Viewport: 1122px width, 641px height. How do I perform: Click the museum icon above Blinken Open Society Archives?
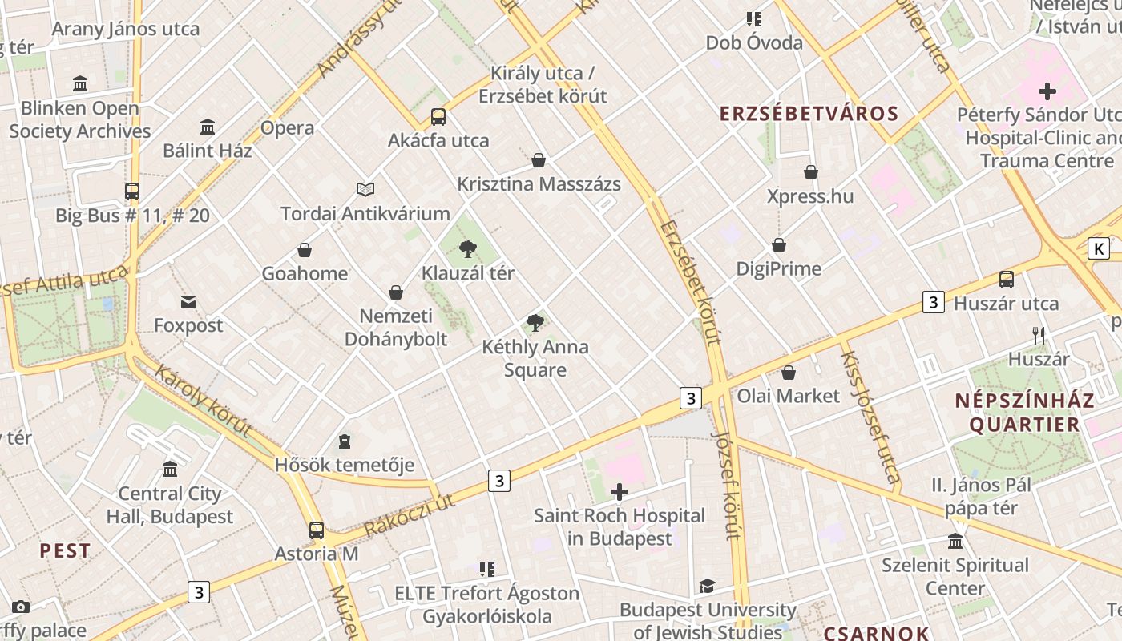click(x=80, y=83)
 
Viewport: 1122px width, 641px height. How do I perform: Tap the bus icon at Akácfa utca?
click(x=438, y=117)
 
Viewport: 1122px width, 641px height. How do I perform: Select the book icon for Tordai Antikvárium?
click(x=365, y=190)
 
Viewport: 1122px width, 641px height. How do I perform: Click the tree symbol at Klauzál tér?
click(x=468, y=249)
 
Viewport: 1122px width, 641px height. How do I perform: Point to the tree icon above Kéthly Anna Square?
click(x=535, y=323)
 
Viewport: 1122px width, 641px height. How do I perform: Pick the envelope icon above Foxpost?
click(x=188, y=302)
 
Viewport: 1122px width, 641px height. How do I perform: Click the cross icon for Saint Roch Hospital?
click(x=620, y=491)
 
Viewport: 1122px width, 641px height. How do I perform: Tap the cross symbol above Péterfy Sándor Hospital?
click(x=1047, y=91)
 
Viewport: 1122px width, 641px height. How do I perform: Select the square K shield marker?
click(x=1099, y=248)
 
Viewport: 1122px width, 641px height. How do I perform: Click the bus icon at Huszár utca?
click(x=1007, y=280)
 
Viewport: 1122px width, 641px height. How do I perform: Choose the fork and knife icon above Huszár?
click(x=1039, y=335)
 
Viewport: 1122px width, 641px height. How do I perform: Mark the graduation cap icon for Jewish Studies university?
click(x=707, y=587)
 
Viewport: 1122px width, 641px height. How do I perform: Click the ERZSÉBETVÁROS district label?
click(x=809, y=113)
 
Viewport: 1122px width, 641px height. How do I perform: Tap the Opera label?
click(x=288, y=127)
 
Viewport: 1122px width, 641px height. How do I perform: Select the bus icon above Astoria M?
click(x=317, y=530)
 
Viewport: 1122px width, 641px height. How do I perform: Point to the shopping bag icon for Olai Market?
click(x=789, y=373)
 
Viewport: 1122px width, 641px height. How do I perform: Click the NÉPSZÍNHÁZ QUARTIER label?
click(x=1024, y=412)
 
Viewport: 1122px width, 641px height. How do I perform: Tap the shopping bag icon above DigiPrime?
click(x=779, y=245)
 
